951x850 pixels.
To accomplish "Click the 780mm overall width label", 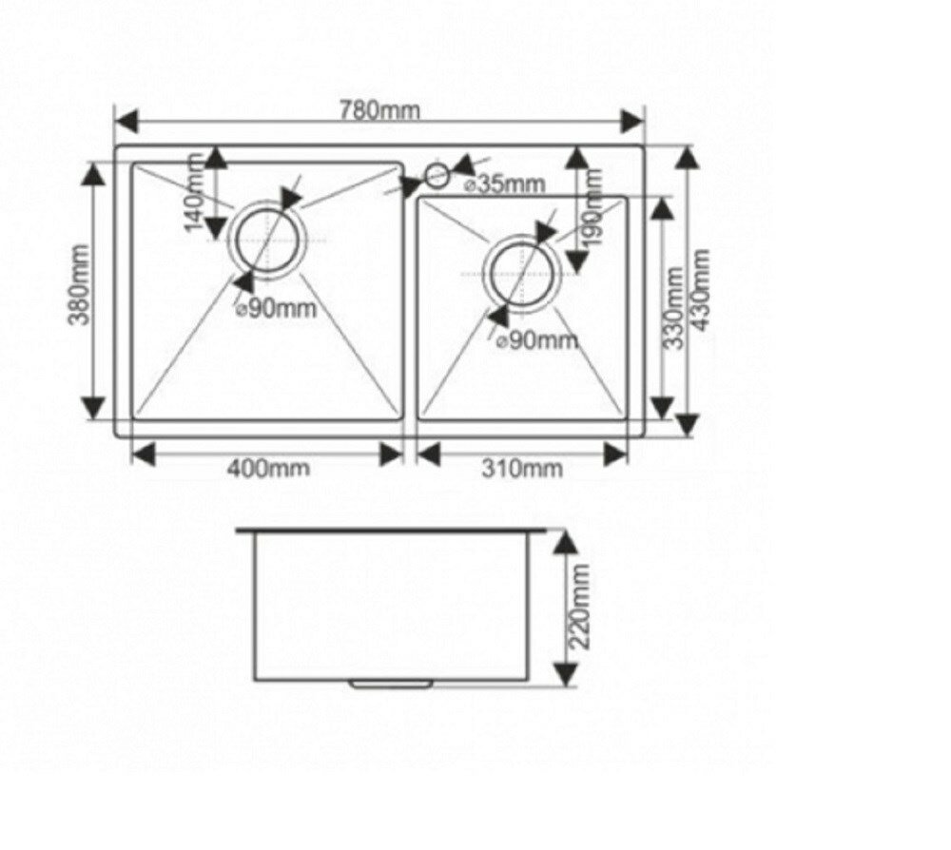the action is pos(379,109).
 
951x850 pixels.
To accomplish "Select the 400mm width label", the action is pos(268,469).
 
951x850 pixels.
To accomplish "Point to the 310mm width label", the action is pos(523,469).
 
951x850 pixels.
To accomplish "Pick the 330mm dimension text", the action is pos(672,307).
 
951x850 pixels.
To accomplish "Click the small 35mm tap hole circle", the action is pos(437,175).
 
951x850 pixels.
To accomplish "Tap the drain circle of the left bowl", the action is pos(268,239).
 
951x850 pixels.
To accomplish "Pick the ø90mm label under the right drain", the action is pos(538,340).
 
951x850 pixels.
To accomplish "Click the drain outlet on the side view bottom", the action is pos(391,682).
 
